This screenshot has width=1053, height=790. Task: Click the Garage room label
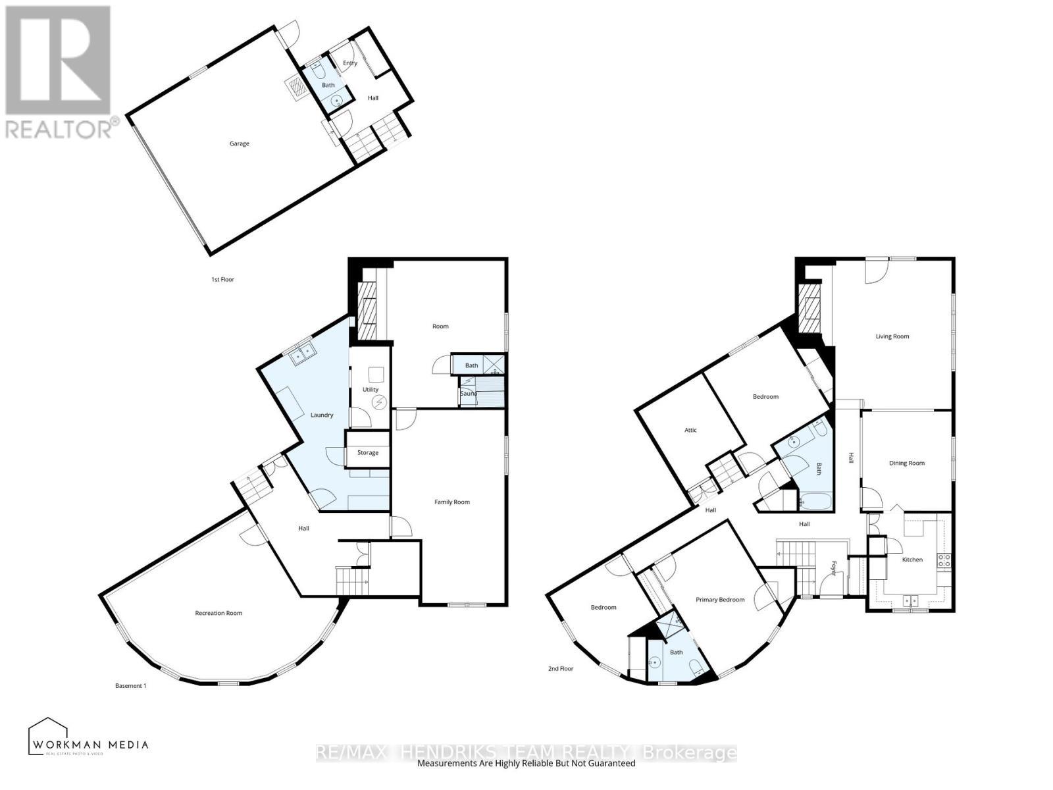click(239, 144)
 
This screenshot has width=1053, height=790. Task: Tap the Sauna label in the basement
click(469, 393)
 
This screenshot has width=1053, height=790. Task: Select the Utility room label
click(371, 390)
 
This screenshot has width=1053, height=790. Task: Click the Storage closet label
click(368, 452)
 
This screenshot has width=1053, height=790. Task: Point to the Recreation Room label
click(218, 613)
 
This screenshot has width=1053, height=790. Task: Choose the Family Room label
click(452, 502)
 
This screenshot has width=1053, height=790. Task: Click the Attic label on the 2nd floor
click(690, 430)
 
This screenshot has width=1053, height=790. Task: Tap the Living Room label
click(892, 336)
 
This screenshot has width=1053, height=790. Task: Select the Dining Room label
click(907, 463)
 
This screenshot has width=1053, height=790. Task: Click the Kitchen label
click(912, 560)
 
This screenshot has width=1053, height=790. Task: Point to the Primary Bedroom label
click(721, 600)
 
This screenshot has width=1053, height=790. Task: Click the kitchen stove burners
click(944, 561)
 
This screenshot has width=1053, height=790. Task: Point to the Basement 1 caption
click(130, 686)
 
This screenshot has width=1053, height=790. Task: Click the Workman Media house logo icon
click(49, 731)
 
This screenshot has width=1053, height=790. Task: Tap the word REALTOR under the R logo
click(58, 129)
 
